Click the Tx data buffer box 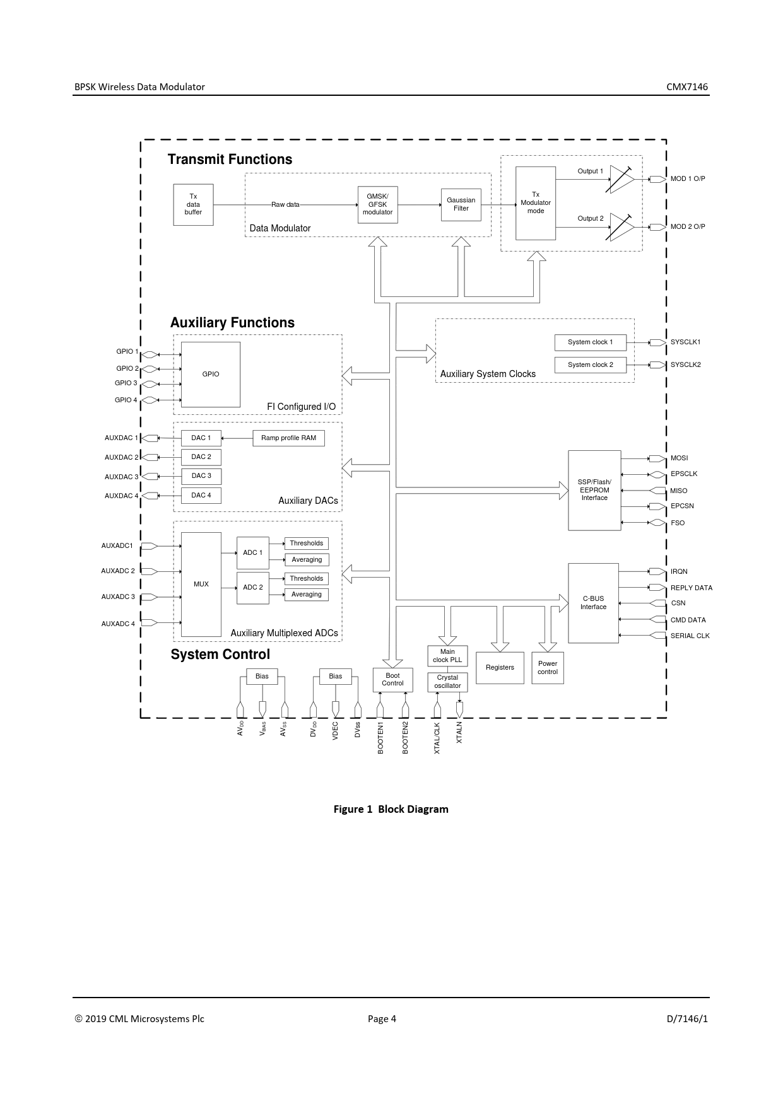coord(193,204)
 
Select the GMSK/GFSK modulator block coord(377,204)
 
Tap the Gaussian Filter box coord(461,204)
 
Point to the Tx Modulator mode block coord(535,203)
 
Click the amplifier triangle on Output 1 coord(621,179)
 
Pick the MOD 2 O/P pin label coord(687,226)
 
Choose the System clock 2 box coord(590,365)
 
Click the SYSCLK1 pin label coord(685,342)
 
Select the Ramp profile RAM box coord(288,438)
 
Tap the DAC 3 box coord(201,476)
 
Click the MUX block coord(201,585)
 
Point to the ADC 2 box coord(252,588)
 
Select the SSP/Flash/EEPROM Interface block coord(594,490)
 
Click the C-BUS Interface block coord(593,603)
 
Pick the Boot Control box coord(392,680)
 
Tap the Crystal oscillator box coord(447,682)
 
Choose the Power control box coord(547,668)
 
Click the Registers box coord(500,668)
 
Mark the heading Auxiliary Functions coord(232,323)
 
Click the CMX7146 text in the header coord(687,87)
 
